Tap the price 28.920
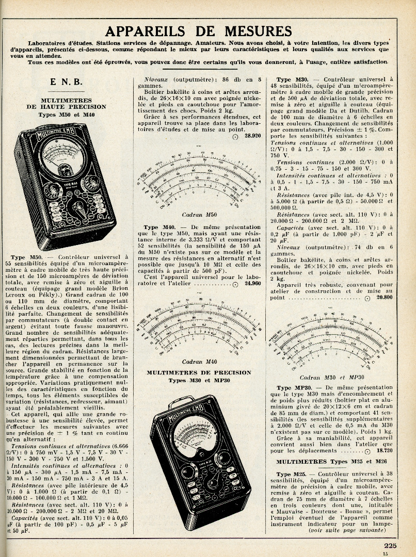coord(252,136)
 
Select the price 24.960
coord(252,283)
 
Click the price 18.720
coord(383,450)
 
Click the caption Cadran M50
coord(199,215)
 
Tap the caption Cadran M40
coord(199,362)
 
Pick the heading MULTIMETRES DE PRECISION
coord(199,372)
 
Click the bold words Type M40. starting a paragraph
coord(159,227)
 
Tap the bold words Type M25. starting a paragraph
coord(292,473)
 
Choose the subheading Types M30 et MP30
coord(199,381)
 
